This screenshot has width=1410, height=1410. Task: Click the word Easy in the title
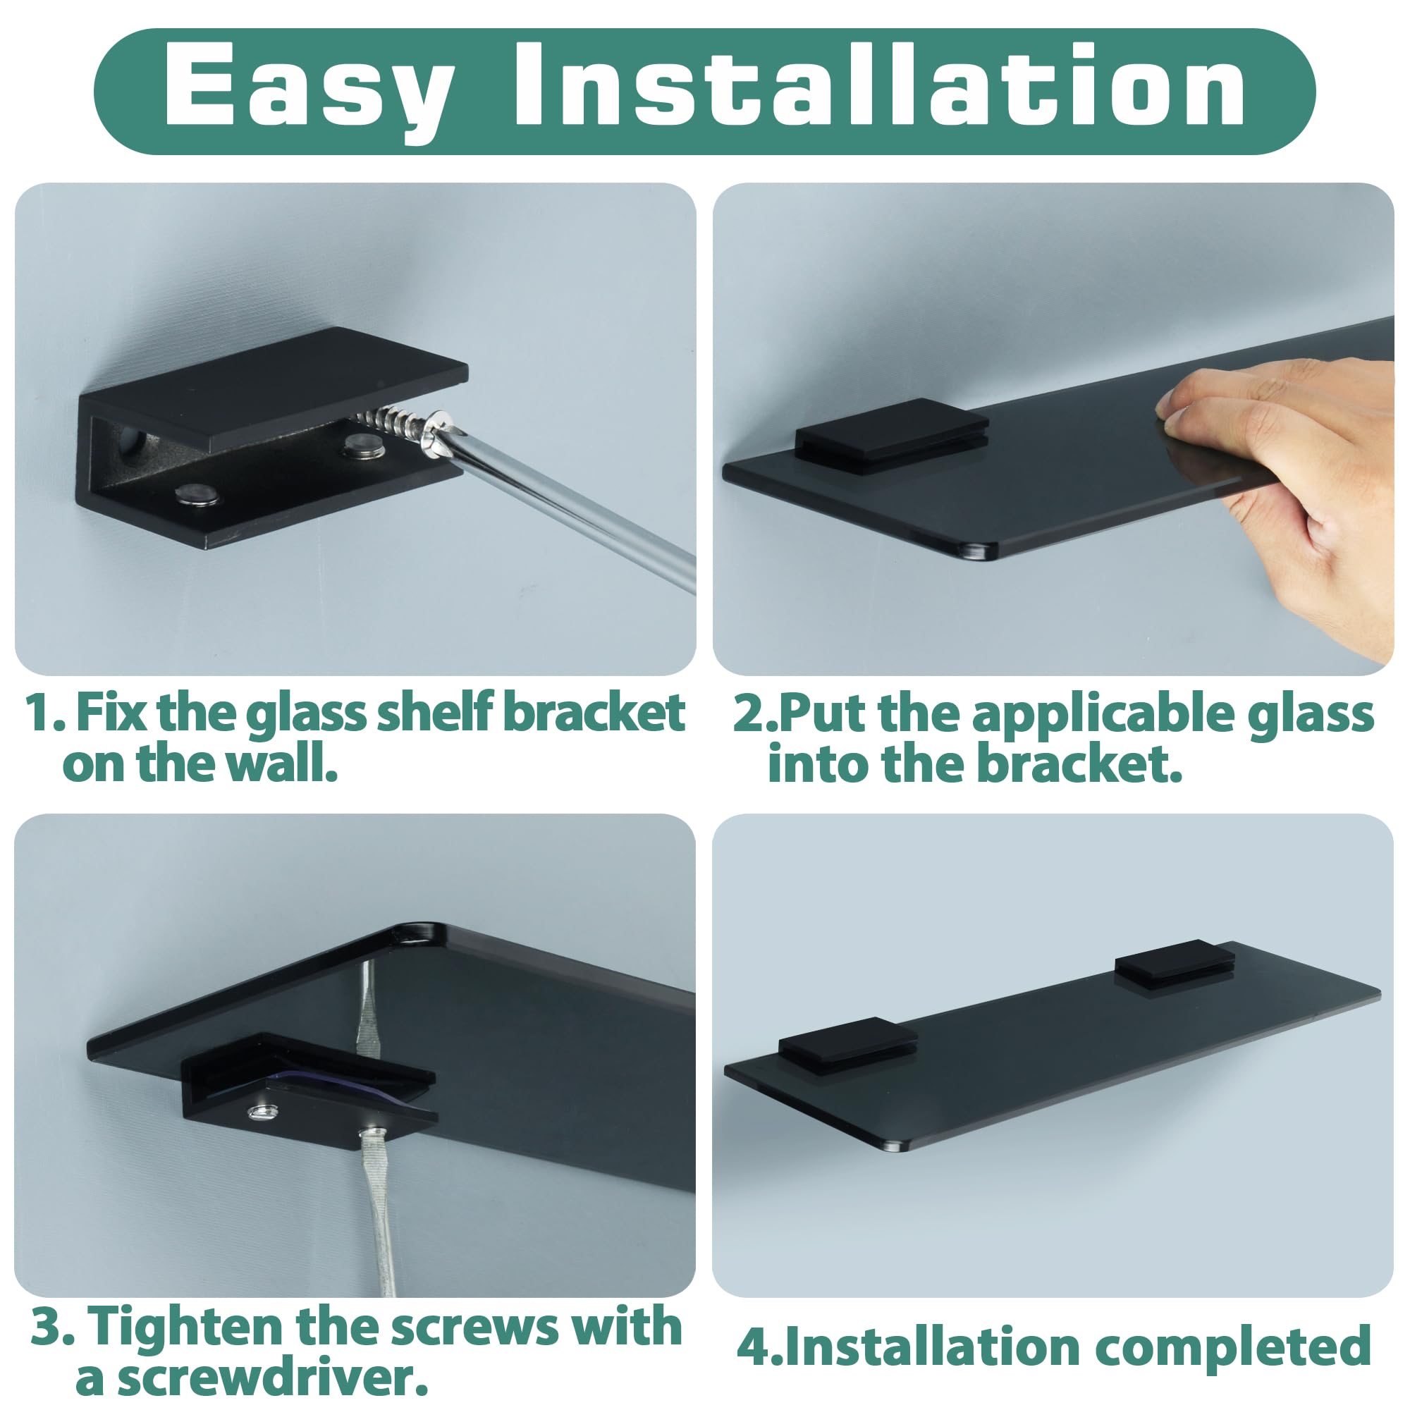(x=307, y=86)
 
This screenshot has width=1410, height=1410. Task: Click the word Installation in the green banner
(x=878, y=86)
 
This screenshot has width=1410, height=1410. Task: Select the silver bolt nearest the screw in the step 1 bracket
(x=364, y=444)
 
